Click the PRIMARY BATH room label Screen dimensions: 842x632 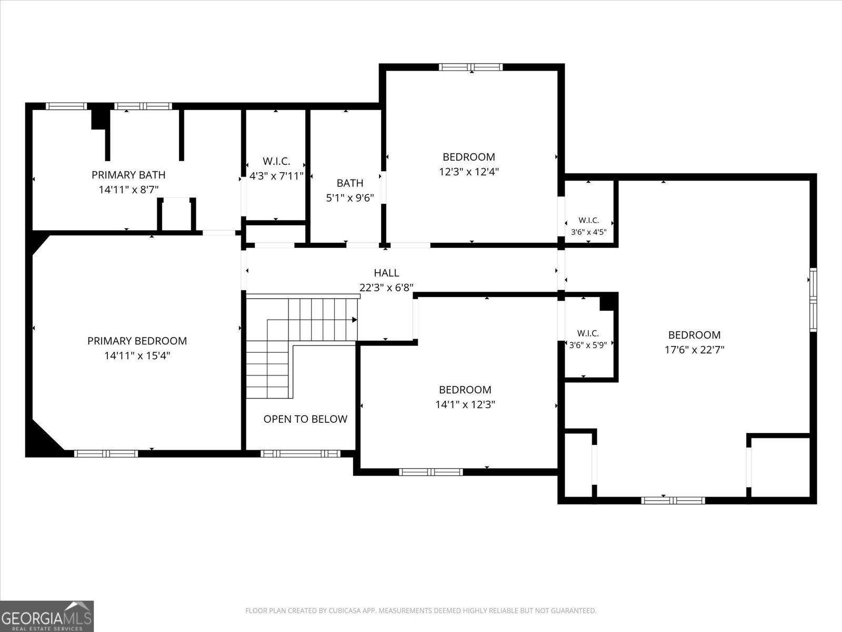click(128, 175)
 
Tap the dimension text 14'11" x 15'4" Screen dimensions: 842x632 click(137, 355)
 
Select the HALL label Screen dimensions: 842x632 click(386, 273)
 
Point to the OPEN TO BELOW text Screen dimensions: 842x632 click(305, 419)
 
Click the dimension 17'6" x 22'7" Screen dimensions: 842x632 click(694, 350)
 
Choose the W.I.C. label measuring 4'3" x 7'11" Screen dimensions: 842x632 click(276, 161)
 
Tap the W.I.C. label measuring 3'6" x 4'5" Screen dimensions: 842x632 click(589, 220)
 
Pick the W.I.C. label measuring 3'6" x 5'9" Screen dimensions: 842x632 click(588, 333)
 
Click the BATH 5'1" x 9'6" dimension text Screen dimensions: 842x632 click(350, 198)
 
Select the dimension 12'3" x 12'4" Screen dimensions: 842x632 click(469, 172)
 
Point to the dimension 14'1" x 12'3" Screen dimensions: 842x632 click(465, 404)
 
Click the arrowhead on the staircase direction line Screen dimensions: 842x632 click(355, 320)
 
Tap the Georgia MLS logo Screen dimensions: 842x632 click(47, 616)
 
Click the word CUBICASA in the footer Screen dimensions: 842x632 click(343, 610)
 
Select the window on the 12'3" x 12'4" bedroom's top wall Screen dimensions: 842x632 click(470, 67)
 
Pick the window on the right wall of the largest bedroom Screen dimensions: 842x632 click(813, 300)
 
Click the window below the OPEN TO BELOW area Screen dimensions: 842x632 click(300, 453)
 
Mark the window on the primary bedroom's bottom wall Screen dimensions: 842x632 click(106, 453)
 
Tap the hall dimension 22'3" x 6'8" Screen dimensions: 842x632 click(386, 288)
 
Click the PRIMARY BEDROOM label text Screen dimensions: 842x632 click(137, 341)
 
